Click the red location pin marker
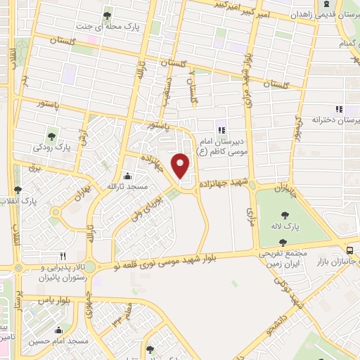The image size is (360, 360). [x=181, y=166]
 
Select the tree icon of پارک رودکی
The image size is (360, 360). [x=52, y=136]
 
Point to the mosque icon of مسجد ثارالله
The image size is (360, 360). [x=127, y=176]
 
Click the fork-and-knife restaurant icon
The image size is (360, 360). [x=63, y=256]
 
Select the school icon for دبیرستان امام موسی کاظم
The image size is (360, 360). [x=221, y=129]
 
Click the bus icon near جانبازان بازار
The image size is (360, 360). [x=350, y=250]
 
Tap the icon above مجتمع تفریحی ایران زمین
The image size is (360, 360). [x=283, y=242]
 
